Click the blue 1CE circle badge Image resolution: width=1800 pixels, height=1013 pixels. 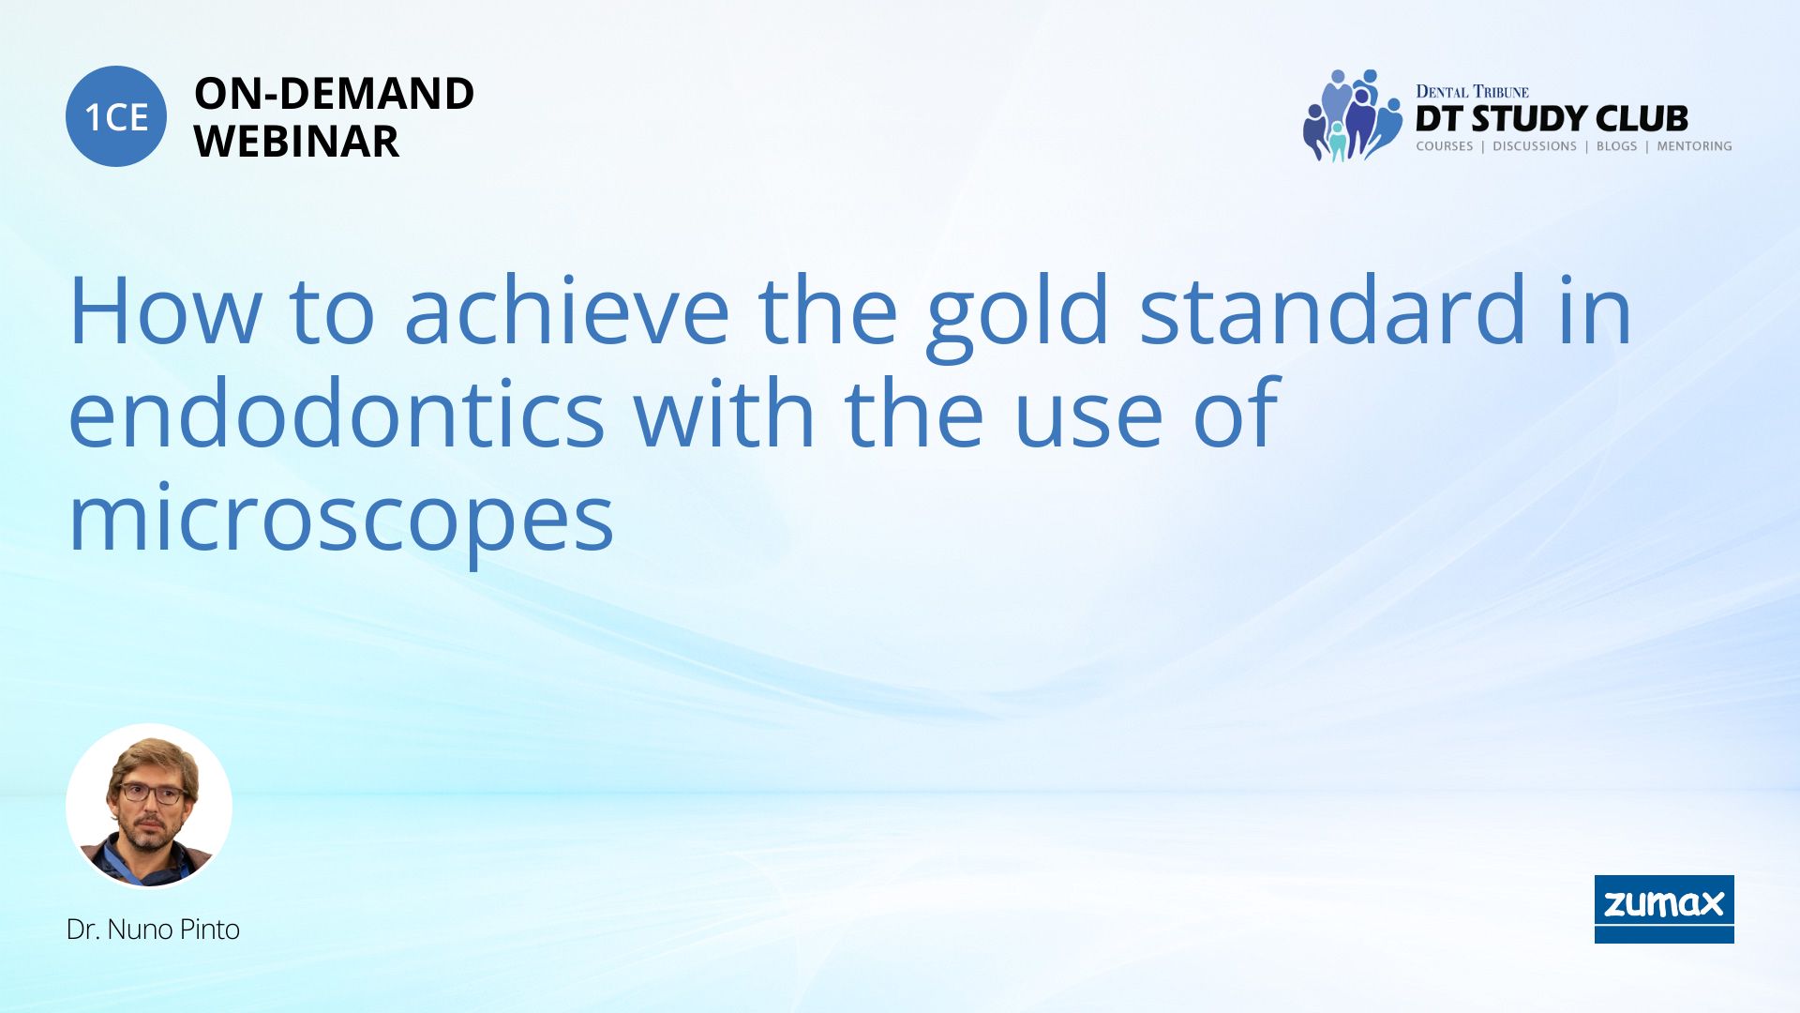pos(116,116)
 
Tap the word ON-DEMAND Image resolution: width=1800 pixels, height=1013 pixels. pos(334,94)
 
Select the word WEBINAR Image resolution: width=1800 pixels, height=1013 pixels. pos(296,142)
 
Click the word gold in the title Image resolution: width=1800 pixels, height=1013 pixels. pos(1018,313)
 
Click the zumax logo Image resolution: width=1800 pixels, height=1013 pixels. pos(1664,909)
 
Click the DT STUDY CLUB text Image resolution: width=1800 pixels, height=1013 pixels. pos(1552,118)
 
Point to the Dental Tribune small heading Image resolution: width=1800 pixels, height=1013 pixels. pos(1472,91)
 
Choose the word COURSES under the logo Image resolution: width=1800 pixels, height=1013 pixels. pos(1445,146)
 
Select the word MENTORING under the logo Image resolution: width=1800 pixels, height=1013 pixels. pos(1694,146)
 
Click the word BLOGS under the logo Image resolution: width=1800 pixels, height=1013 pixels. pos(1616,146)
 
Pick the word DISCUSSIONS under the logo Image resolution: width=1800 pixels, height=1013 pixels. pos(1535,146)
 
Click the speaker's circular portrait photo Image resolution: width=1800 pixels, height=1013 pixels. pos(149,806)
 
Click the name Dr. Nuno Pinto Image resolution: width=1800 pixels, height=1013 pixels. pos(153,930)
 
